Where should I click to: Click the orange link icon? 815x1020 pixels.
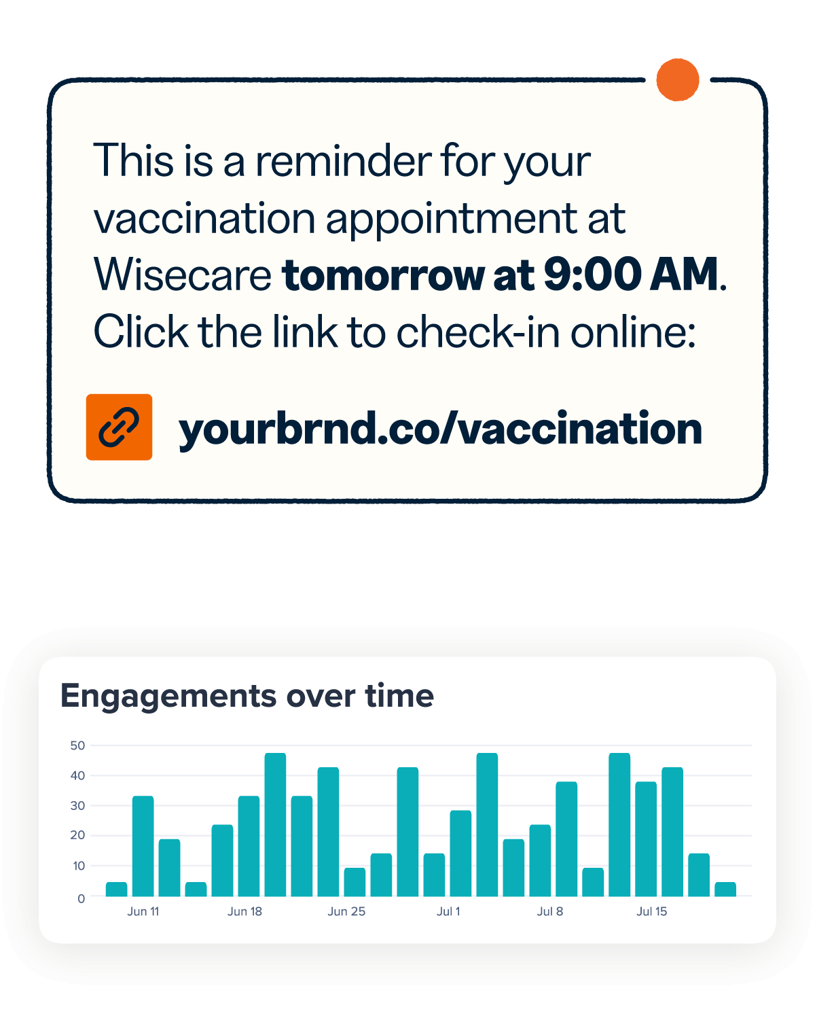pyautogui.click(x=119, y=427)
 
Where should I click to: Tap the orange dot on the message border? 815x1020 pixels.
pyautogui.click(x=678, y=80)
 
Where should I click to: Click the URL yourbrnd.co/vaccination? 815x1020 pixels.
pyautogui.click(x=440, y=429)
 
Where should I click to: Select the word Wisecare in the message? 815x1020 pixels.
pyautogui.click(x=183, y=275)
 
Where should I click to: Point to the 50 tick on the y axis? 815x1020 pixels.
pyautogui.click(x=77, y=745)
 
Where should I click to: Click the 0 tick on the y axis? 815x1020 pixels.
pyautogui.click(x=81, y=898)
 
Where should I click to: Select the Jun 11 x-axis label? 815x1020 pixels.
pyautogui.click(x=143, y=911)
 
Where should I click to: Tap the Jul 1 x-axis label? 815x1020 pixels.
pyautogui.click(x=448, y=911)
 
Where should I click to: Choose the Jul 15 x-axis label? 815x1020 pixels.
pyautogui.click(x=651, y=911)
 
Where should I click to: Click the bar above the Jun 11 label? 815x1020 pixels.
pyautogui.click(x=143, y=846)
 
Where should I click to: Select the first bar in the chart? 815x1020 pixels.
pyautogui.click(x=117, y=889)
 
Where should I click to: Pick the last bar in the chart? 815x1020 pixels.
pyautogui.click(x=725, y=889)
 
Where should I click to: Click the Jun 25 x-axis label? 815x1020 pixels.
pyautogui.click(x=346, y=911)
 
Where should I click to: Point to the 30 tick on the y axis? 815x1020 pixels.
pyautogui.click(x=77, y=806)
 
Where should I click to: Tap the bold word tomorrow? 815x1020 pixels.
pyautogui.click(x=384, y=275)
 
